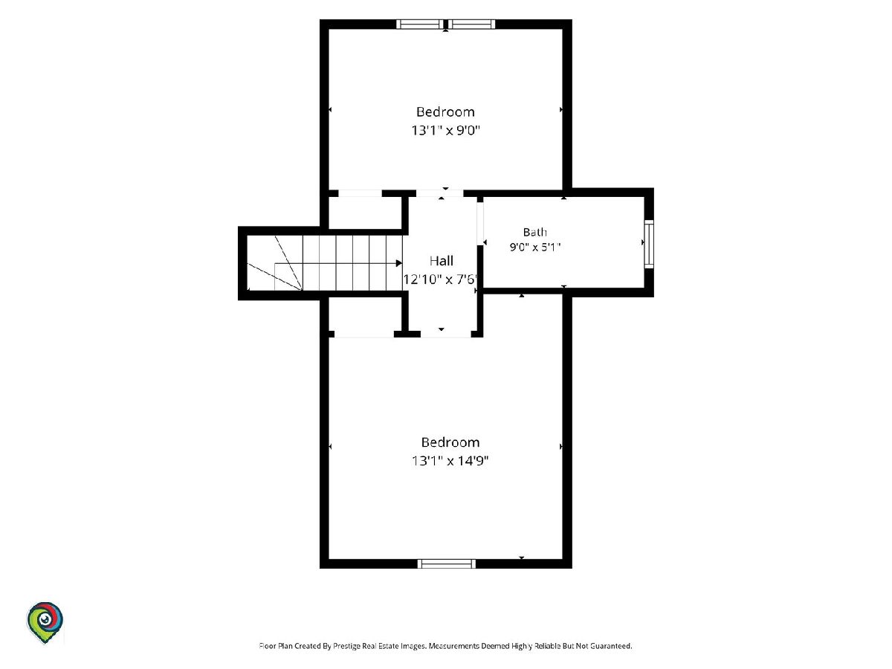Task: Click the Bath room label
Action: click(534, 232)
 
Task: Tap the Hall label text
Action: click(442, 261)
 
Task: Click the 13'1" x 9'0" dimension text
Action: click(446, 130)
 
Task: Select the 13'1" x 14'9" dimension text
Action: click(450, 461)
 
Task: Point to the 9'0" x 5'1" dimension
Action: click(535, 247)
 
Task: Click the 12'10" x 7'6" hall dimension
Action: click(440, 279)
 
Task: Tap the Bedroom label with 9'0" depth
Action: click(445, 111)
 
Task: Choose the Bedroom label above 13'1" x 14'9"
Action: click(450, 442)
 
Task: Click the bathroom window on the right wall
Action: click(649, 244)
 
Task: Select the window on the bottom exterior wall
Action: click(447, 563)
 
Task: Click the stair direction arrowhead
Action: click(399, 263)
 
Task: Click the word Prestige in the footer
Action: click(346, 646)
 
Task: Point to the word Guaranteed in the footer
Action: click(611, 646)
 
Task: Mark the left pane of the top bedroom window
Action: click(420, 24)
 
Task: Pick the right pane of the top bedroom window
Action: click(472, 24)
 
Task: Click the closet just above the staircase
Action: click(365, 213)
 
